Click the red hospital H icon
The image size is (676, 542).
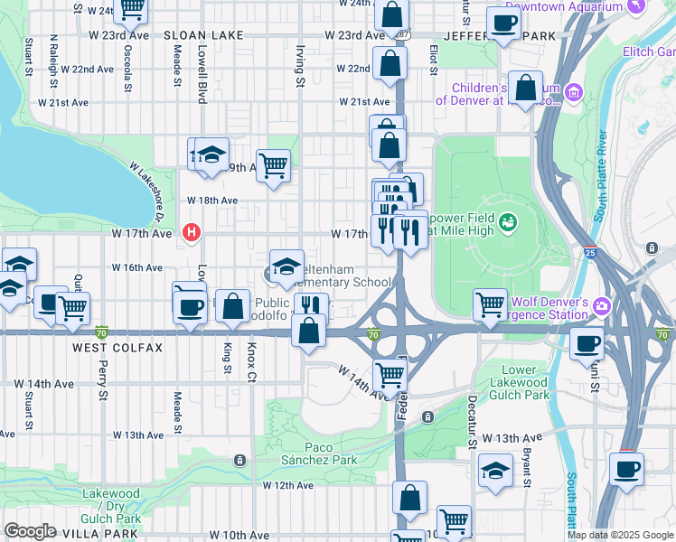191,233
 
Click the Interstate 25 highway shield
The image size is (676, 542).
589,254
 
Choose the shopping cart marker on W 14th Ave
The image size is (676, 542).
390,372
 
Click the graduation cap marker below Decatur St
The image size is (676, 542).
494,471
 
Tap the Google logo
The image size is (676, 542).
30,531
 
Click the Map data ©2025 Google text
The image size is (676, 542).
620,535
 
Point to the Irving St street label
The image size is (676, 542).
300,68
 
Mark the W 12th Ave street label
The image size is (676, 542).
287,485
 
